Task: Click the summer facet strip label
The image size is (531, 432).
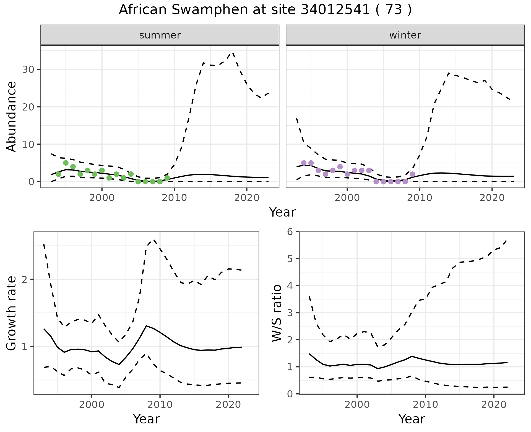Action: click(160, 35)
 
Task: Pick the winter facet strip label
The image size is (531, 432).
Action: click(405, 35)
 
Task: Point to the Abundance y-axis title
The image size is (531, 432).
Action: click(12, 116)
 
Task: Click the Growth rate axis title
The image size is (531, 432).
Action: click(12, 313)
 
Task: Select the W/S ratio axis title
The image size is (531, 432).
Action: click(277, 313)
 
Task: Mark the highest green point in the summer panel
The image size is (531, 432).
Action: click(66, 163)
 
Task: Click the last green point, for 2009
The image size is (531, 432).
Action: click(167, 178)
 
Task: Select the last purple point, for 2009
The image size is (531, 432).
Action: click(412, 174)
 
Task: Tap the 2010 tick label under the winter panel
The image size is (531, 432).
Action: click(420, 198)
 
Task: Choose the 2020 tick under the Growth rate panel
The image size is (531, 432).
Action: click(228, 405)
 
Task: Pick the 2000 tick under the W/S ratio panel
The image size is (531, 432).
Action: click(357, 405)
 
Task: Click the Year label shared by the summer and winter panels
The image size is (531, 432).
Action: click(282, 212)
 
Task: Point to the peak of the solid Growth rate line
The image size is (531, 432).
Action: click(147, 326)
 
